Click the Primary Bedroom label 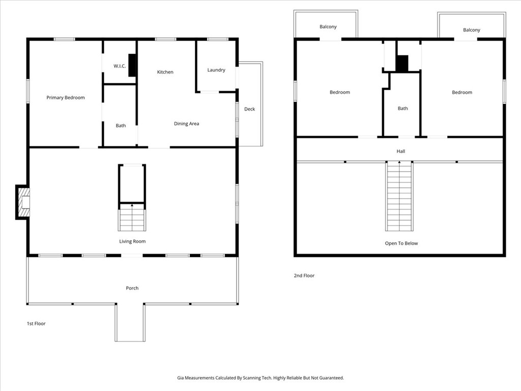66,97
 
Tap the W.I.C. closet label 120,66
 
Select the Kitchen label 165,72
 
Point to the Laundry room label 216,70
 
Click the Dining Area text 186,124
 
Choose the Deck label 249,109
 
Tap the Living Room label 132,241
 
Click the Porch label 132,288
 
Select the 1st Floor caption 36,323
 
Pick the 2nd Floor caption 304,275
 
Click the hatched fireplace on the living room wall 24,202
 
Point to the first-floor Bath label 121,126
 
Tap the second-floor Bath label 403,108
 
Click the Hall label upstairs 401,151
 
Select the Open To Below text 401,243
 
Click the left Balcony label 328,26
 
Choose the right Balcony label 472,30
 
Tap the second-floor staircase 399,196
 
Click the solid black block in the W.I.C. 132,66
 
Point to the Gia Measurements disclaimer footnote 260,378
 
